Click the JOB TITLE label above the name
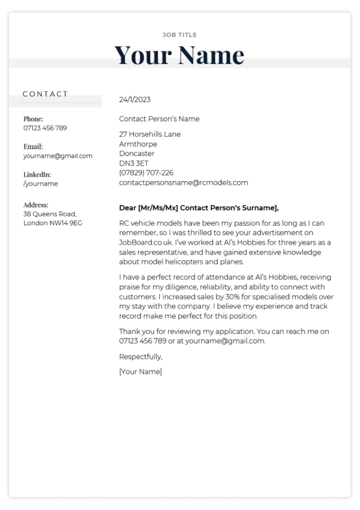pos(180,35)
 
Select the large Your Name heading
pos(180,54)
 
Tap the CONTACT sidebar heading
pos(45,94)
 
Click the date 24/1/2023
pos(135,99)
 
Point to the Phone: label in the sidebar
pos(33,119)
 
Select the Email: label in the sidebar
pos(33,147)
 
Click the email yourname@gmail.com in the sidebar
pos(58,156)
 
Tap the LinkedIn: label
pos(37,175)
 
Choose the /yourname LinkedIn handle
pos(41,183)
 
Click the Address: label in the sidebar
pos(36,205)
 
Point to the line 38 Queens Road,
pos(50,214)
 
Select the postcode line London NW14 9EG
pos(53,223)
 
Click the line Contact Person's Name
pos(159,119)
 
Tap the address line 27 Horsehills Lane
pos(150,134)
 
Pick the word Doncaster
pos(137,153)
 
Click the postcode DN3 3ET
pos(134,163)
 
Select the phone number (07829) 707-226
pos(146,173)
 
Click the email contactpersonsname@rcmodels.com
pos(184,183)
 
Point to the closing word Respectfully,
pos(141,357)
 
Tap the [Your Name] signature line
pos(141,372)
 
